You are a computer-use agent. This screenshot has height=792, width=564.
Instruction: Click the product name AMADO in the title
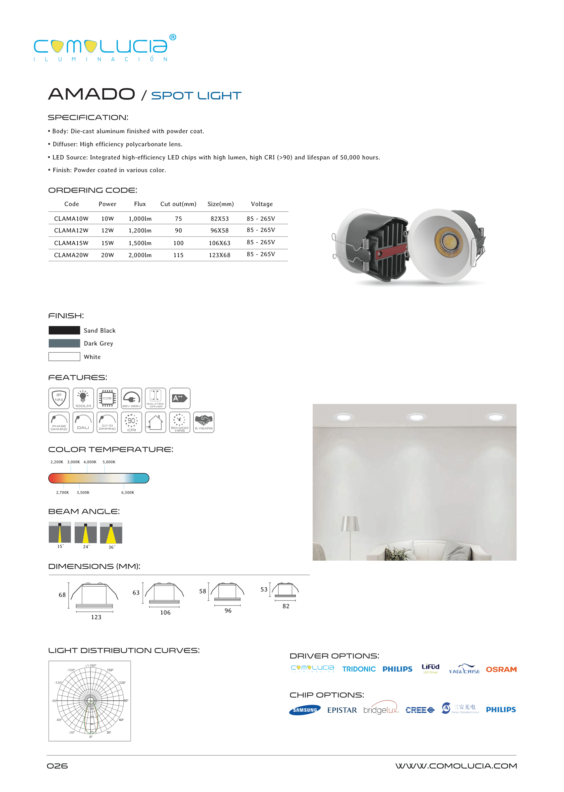(x=91, y=94)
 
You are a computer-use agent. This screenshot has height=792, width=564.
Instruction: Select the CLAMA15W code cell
(x=71, y=243)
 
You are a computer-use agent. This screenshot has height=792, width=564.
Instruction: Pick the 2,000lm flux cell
(x=140, y=255)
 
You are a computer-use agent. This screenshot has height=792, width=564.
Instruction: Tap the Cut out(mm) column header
(x=178, y=204)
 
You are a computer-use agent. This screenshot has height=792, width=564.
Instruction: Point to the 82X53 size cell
(x=219, y=219)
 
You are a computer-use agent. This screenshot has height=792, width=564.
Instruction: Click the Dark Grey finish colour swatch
(x=64, y=344)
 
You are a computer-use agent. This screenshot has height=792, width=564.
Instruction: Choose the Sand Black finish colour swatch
(x=64, y=330)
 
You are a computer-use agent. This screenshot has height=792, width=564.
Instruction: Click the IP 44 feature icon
(x=59, y=398)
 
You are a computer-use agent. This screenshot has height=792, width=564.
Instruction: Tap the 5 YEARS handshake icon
(x=204, y=422)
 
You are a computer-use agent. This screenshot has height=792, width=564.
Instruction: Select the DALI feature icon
(x=83, y=422)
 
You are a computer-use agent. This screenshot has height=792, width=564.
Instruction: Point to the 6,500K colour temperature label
(x=127, y=493)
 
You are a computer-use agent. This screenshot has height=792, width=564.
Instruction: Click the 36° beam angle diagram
(x=111, y=533)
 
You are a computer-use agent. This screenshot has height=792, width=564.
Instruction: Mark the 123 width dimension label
(x=96, y=617)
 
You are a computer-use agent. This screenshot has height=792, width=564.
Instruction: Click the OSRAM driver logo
(x=501, y=669)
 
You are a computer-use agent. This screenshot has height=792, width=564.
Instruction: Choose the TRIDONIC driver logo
(x=359, y=669)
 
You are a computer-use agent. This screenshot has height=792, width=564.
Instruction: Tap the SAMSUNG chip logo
(x=305, y=710)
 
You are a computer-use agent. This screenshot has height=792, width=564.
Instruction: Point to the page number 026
(x=57, y=766)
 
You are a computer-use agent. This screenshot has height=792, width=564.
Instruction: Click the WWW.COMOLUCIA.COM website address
(x=456, y=766)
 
